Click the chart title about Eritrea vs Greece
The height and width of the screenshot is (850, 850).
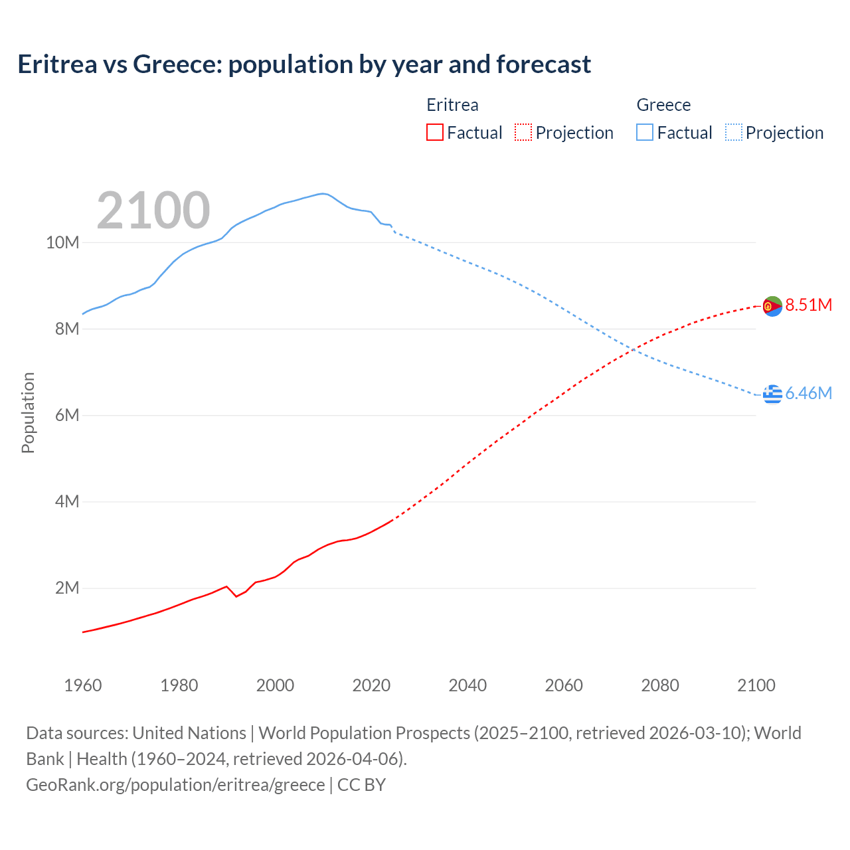pyautogui.click(x=303, y=64)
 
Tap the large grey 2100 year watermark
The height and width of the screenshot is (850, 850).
pyautogui.click(x=153, y=211)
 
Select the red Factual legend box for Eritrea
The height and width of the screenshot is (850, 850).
pyautogui.click(x=434, y=132)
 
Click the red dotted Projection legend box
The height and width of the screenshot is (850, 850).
pyautogui.click(x=523, y=132)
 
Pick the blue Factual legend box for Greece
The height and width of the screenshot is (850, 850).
pyautogui.click(x=645, y=132)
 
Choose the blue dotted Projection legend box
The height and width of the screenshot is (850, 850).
pyautogui.click(x=733, y=132)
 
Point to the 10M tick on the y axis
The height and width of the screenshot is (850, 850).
pyautogui.click(x=62, y=242)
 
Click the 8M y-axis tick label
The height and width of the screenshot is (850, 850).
pyautogui.click(x=66, y=329)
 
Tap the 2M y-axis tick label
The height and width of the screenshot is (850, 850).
pyautogui.click(x=66, y=588)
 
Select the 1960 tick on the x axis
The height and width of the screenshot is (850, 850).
pyautogui.click(x=83, y=685)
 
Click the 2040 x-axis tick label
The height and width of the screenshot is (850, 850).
pyautogui.click(x=467, y=685)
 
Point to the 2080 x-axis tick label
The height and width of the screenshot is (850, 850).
pyautogui.click(x=660, y=685)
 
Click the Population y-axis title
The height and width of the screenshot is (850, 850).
pyautogui.click(x=28, y=412)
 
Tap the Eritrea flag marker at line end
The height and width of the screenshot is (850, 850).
pyautogui.click(x=772, y=306)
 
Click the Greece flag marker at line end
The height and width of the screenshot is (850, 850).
pyautogui.click(x=772, y=394)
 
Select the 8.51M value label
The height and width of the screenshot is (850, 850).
pyautogui.click(x=808, y=305)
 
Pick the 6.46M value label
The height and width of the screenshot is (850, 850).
pyautogui.click(x=808, y=393)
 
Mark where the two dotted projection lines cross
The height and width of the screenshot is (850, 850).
pyautogui.click(x=635, y=350)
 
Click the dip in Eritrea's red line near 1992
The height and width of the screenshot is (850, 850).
pyautogui.click(x=236, y=596)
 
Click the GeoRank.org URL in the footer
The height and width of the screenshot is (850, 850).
pyautogui.click(x=175, y=785)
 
